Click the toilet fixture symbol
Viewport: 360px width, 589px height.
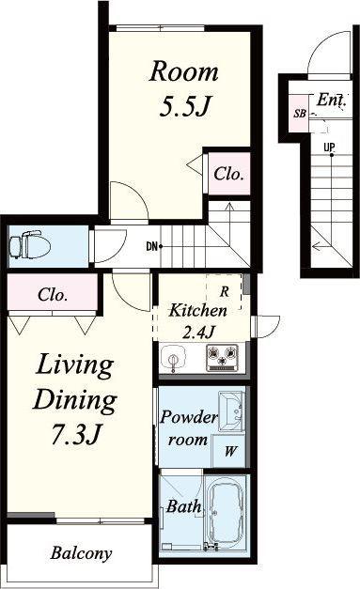30,245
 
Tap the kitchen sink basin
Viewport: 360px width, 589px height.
174,358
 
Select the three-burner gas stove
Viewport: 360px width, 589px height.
222,357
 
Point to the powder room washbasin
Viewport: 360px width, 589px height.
231,411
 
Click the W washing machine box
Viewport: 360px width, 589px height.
228,450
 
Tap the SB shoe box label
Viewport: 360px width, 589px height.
300,113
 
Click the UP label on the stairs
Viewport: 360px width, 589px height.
329,147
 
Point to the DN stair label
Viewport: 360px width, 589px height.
151,247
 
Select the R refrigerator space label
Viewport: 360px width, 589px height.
225,291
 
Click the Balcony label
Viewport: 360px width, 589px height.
81,553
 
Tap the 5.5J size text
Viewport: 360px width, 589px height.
183,107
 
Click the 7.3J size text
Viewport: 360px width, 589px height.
75,435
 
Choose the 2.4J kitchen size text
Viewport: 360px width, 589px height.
198,332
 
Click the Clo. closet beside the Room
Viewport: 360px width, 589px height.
229,174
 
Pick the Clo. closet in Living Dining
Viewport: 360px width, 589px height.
53,295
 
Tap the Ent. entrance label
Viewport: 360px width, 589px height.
331,100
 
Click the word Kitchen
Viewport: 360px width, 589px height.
197,310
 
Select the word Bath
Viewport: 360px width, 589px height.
183,506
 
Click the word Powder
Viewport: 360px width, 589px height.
189,418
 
